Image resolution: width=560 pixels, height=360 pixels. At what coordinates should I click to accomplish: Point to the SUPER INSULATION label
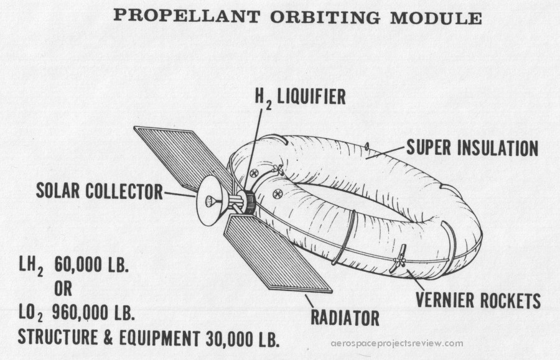472,148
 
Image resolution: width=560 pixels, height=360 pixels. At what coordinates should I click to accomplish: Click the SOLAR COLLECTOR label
99,191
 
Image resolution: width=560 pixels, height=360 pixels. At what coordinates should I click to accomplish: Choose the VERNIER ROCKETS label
477,301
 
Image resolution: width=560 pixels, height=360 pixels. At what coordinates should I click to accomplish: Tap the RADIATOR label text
345,318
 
